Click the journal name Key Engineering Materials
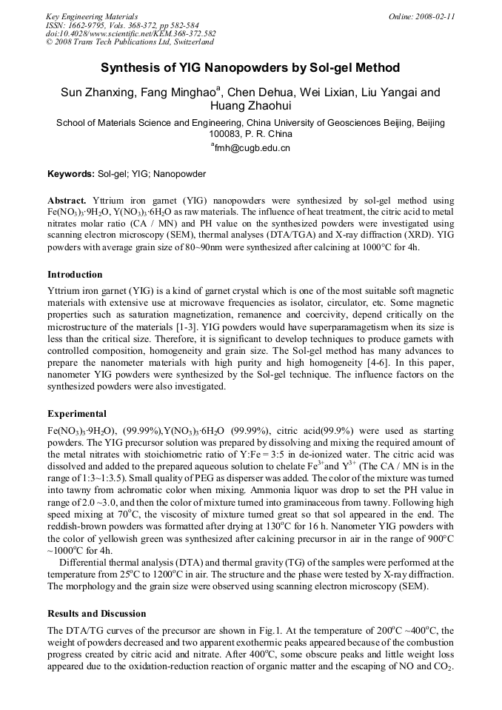click(x=92, y=16)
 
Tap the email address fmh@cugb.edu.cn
click(x=252, y=147)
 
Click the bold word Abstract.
click(x=67, y=201)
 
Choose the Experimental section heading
click(x=77, y=414)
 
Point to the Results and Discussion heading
click(x=97, y=614)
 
